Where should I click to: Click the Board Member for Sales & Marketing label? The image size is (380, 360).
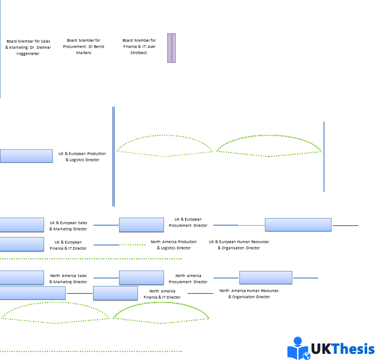[28, 47]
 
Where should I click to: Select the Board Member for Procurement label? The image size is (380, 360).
[84, 46]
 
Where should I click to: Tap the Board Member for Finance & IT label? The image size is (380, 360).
[139, 46]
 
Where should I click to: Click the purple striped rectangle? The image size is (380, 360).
[171, 48]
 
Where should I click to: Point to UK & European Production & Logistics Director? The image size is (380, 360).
[82, 156]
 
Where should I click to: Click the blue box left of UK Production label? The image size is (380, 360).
[26, 156]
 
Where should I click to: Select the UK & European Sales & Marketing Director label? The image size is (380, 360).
[68, 226]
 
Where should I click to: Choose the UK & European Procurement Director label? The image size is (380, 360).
[188, 222]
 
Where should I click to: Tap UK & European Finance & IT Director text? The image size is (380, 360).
[68, 245]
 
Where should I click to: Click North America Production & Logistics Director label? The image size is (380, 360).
[174, 245]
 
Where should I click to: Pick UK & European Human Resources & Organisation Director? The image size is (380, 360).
[238, 245]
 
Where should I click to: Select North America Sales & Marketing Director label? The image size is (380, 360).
[68, 278]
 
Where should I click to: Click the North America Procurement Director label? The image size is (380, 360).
[188, 278]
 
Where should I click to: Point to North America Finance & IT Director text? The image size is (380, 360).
[162, 294]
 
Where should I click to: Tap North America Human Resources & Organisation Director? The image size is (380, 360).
[249, 293]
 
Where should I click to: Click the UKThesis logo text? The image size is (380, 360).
[343, 349]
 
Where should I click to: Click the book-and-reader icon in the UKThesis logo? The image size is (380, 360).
[298, 349]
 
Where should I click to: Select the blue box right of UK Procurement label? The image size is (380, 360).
[298, 225]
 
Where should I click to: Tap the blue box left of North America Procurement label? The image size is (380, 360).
[141, 278]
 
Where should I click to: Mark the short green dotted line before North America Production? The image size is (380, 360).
[133, 245]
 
